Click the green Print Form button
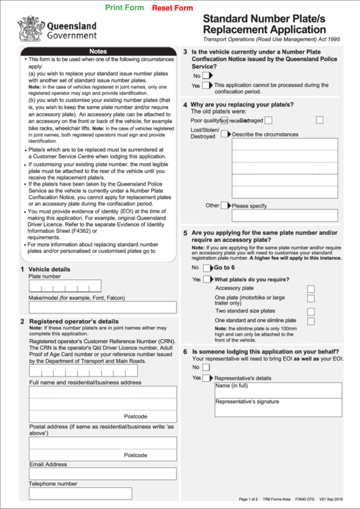[x=125, y=7]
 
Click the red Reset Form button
[x=173, y=7]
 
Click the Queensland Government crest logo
[x=29, y=29]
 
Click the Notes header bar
[x=98, y=52]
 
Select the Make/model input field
[x=102, y=307]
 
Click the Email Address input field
[x=102, y=474]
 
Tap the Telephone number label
[x=53, y=484]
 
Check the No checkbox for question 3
[x=206, y=76]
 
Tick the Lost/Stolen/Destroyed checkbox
[x=225, y=134]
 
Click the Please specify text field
[x=284, y=215]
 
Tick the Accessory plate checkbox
[x=310, y=289]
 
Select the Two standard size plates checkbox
[x=310, y=311]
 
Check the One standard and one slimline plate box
[x=310, y=321]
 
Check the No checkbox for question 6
[x=206, y=368]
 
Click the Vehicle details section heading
[x=49, y=269]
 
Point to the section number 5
[x=185, y=233]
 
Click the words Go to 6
[x=224, y=268]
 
